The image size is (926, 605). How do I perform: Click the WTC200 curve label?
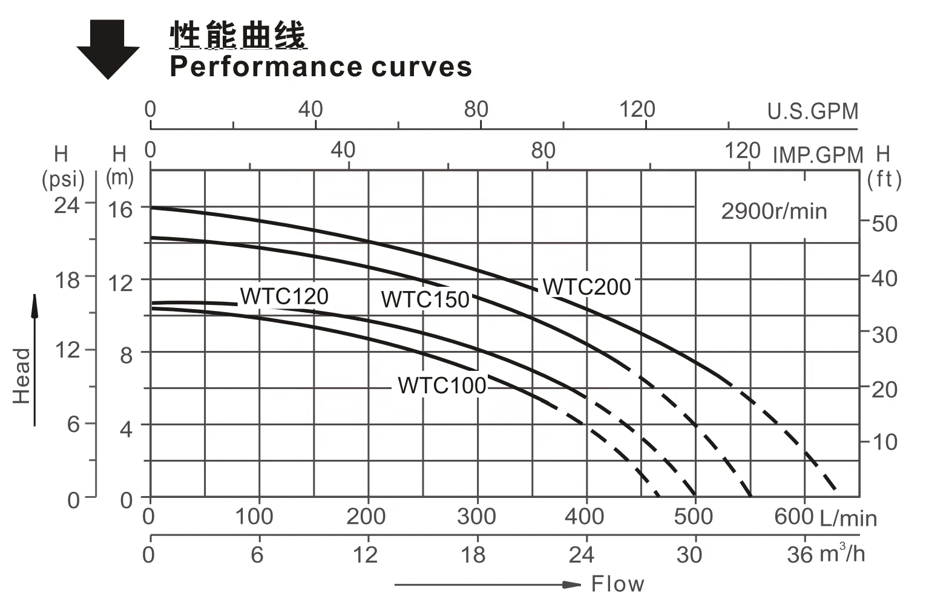point(586,287)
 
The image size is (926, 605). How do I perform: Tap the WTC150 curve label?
point(425,299)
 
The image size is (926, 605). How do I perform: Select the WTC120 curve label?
point(284,296)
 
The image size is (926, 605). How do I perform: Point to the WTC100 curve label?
point(442,385)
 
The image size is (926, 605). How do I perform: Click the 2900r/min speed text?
point(773,211)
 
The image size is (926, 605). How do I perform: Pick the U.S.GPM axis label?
point(813,111)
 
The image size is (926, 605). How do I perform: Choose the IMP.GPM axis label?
point(818,155)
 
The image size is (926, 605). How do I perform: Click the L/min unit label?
point(848,518)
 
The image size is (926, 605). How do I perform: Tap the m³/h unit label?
point(842,554)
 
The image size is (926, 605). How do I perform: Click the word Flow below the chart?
point(617,584)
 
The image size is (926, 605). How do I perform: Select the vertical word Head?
point(22,376)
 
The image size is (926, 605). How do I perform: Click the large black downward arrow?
point(108,49)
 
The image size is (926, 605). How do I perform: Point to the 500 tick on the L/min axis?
point(694,517)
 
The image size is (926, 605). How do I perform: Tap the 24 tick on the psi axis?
point(67,205)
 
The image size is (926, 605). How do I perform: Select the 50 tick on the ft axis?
point(884,224)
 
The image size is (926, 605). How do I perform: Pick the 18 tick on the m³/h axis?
point(473,554)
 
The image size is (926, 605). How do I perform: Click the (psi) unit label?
point(63,180)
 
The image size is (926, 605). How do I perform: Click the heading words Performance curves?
point(321,67)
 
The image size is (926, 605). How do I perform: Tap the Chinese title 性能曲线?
point(238,35)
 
